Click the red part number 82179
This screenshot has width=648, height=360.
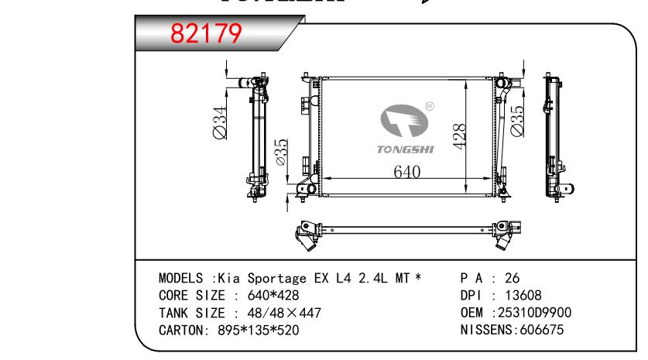point(206,33)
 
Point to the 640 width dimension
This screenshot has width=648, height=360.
point(407,172)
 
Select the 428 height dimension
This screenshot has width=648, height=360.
point(459,136)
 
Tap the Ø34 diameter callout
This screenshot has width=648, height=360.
point(220,123)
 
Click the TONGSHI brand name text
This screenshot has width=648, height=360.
point(406,149)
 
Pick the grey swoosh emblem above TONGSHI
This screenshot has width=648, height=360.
point(404,120)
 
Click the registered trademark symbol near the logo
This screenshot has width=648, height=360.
point(430,106)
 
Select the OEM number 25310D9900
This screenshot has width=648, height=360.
point(534,313)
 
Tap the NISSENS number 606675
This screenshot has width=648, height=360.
point(541,330)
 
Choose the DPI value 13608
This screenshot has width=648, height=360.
point(523,295)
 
